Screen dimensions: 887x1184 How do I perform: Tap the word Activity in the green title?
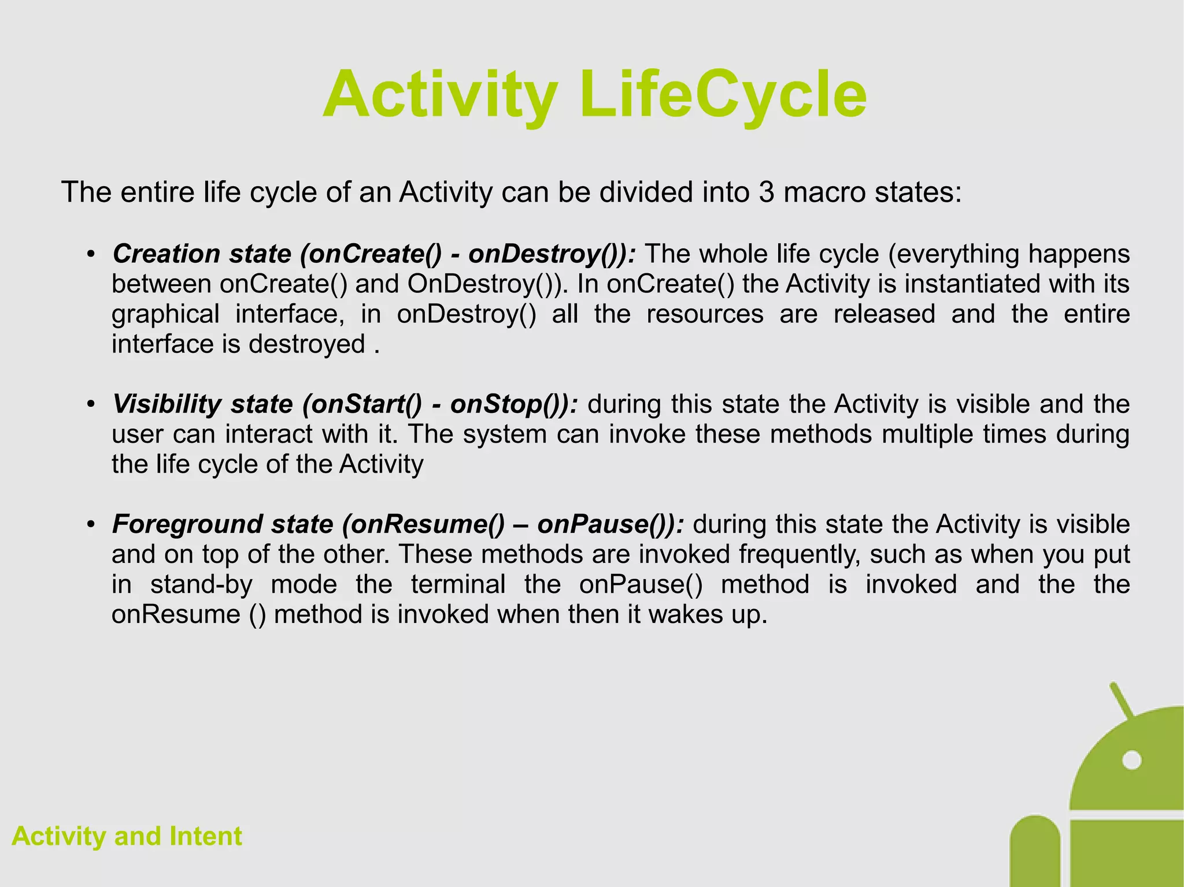tap(441, 94)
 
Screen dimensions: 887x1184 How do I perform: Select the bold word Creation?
tap(166, 254)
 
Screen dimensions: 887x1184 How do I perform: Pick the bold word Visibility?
tap(166, 404)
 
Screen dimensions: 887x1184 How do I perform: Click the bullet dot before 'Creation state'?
tap(90, 255)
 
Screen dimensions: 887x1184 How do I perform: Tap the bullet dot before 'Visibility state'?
tap(90, 404)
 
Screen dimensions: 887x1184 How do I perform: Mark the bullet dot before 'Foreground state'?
tap(90, 525)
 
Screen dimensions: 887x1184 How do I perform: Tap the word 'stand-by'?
tap(201, 584)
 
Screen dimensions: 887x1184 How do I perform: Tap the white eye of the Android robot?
tap(1131, 760)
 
